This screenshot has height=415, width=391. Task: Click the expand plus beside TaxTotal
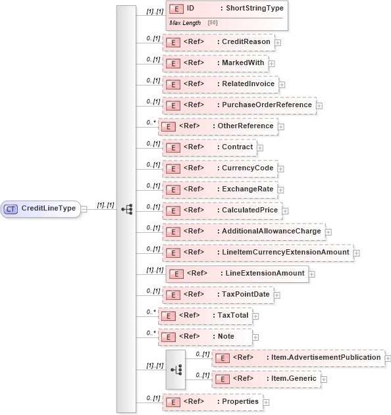(x=256, y=316)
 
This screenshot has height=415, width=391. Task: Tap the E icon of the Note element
(x=169, y=337)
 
